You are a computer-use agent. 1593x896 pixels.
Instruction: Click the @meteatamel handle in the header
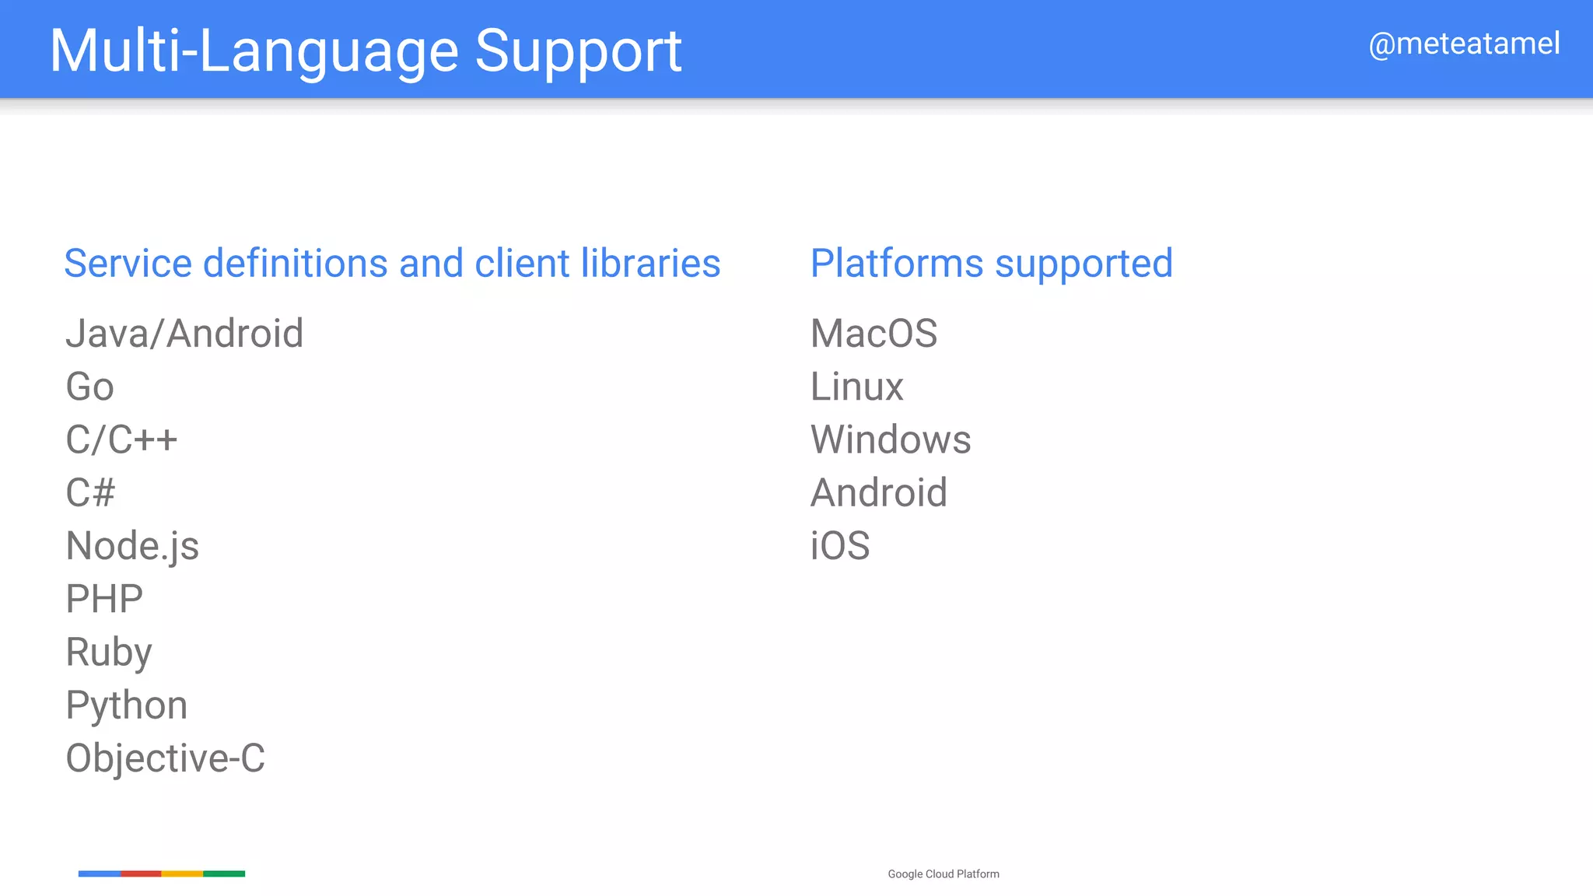(x=1464, y=44)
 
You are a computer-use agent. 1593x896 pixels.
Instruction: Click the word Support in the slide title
(x=578, y=52)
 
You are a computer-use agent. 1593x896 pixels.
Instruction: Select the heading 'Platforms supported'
(x=991, y=263)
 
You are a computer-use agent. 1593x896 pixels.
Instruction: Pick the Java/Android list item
(x=184, y=334)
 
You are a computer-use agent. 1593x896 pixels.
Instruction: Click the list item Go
(x=90, y=387)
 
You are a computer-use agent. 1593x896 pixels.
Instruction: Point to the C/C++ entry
(x=121, y=439)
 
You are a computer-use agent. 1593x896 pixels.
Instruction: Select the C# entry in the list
(x=90, y=492)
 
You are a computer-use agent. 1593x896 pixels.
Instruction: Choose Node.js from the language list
(x=132, y=546)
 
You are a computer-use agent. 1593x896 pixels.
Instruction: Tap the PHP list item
(x=104, y=599)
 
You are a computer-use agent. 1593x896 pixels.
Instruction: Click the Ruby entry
(x=109, y=652)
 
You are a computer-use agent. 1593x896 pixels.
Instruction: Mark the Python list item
(x=127, y=705)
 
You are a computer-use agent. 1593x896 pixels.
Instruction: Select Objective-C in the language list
(x=165, y=758)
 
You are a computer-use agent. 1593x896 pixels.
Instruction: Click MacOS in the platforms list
(x=874, y=334)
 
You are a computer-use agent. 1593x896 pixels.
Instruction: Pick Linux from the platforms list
(x=856, y=387)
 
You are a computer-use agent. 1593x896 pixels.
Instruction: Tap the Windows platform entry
(x=891, y=439)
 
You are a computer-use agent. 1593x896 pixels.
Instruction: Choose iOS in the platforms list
(x=840, y=546)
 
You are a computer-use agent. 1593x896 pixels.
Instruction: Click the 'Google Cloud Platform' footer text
(x=944, y=874)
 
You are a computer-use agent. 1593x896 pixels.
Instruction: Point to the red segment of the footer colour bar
(x=141, y=873)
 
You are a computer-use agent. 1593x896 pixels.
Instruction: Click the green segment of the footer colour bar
(x=224, y=873)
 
